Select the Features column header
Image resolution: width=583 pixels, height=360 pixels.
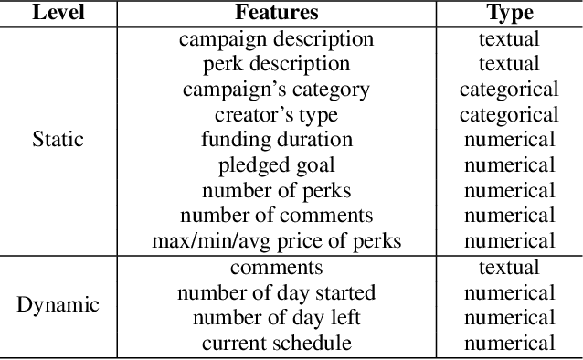276,13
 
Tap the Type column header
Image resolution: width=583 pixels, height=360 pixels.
509,13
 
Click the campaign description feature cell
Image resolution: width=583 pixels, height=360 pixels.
276,39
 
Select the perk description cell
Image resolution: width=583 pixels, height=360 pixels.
276,64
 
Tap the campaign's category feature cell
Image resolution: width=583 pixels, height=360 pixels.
276,90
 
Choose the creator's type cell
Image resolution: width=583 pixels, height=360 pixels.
276,115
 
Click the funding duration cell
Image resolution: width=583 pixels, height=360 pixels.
276,140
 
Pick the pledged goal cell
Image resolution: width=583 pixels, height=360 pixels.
276,165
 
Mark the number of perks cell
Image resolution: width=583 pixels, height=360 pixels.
276,191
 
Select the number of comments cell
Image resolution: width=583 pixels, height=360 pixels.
276,216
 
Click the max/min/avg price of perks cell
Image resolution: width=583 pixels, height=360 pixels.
276,241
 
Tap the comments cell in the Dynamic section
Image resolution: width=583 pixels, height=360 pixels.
276,268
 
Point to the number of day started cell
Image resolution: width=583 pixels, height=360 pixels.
276,293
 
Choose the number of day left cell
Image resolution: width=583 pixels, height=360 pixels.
276,318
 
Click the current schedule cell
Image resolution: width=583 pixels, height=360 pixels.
276,344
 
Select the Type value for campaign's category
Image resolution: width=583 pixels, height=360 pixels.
509,90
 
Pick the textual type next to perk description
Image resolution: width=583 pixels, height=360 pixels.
509,64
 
